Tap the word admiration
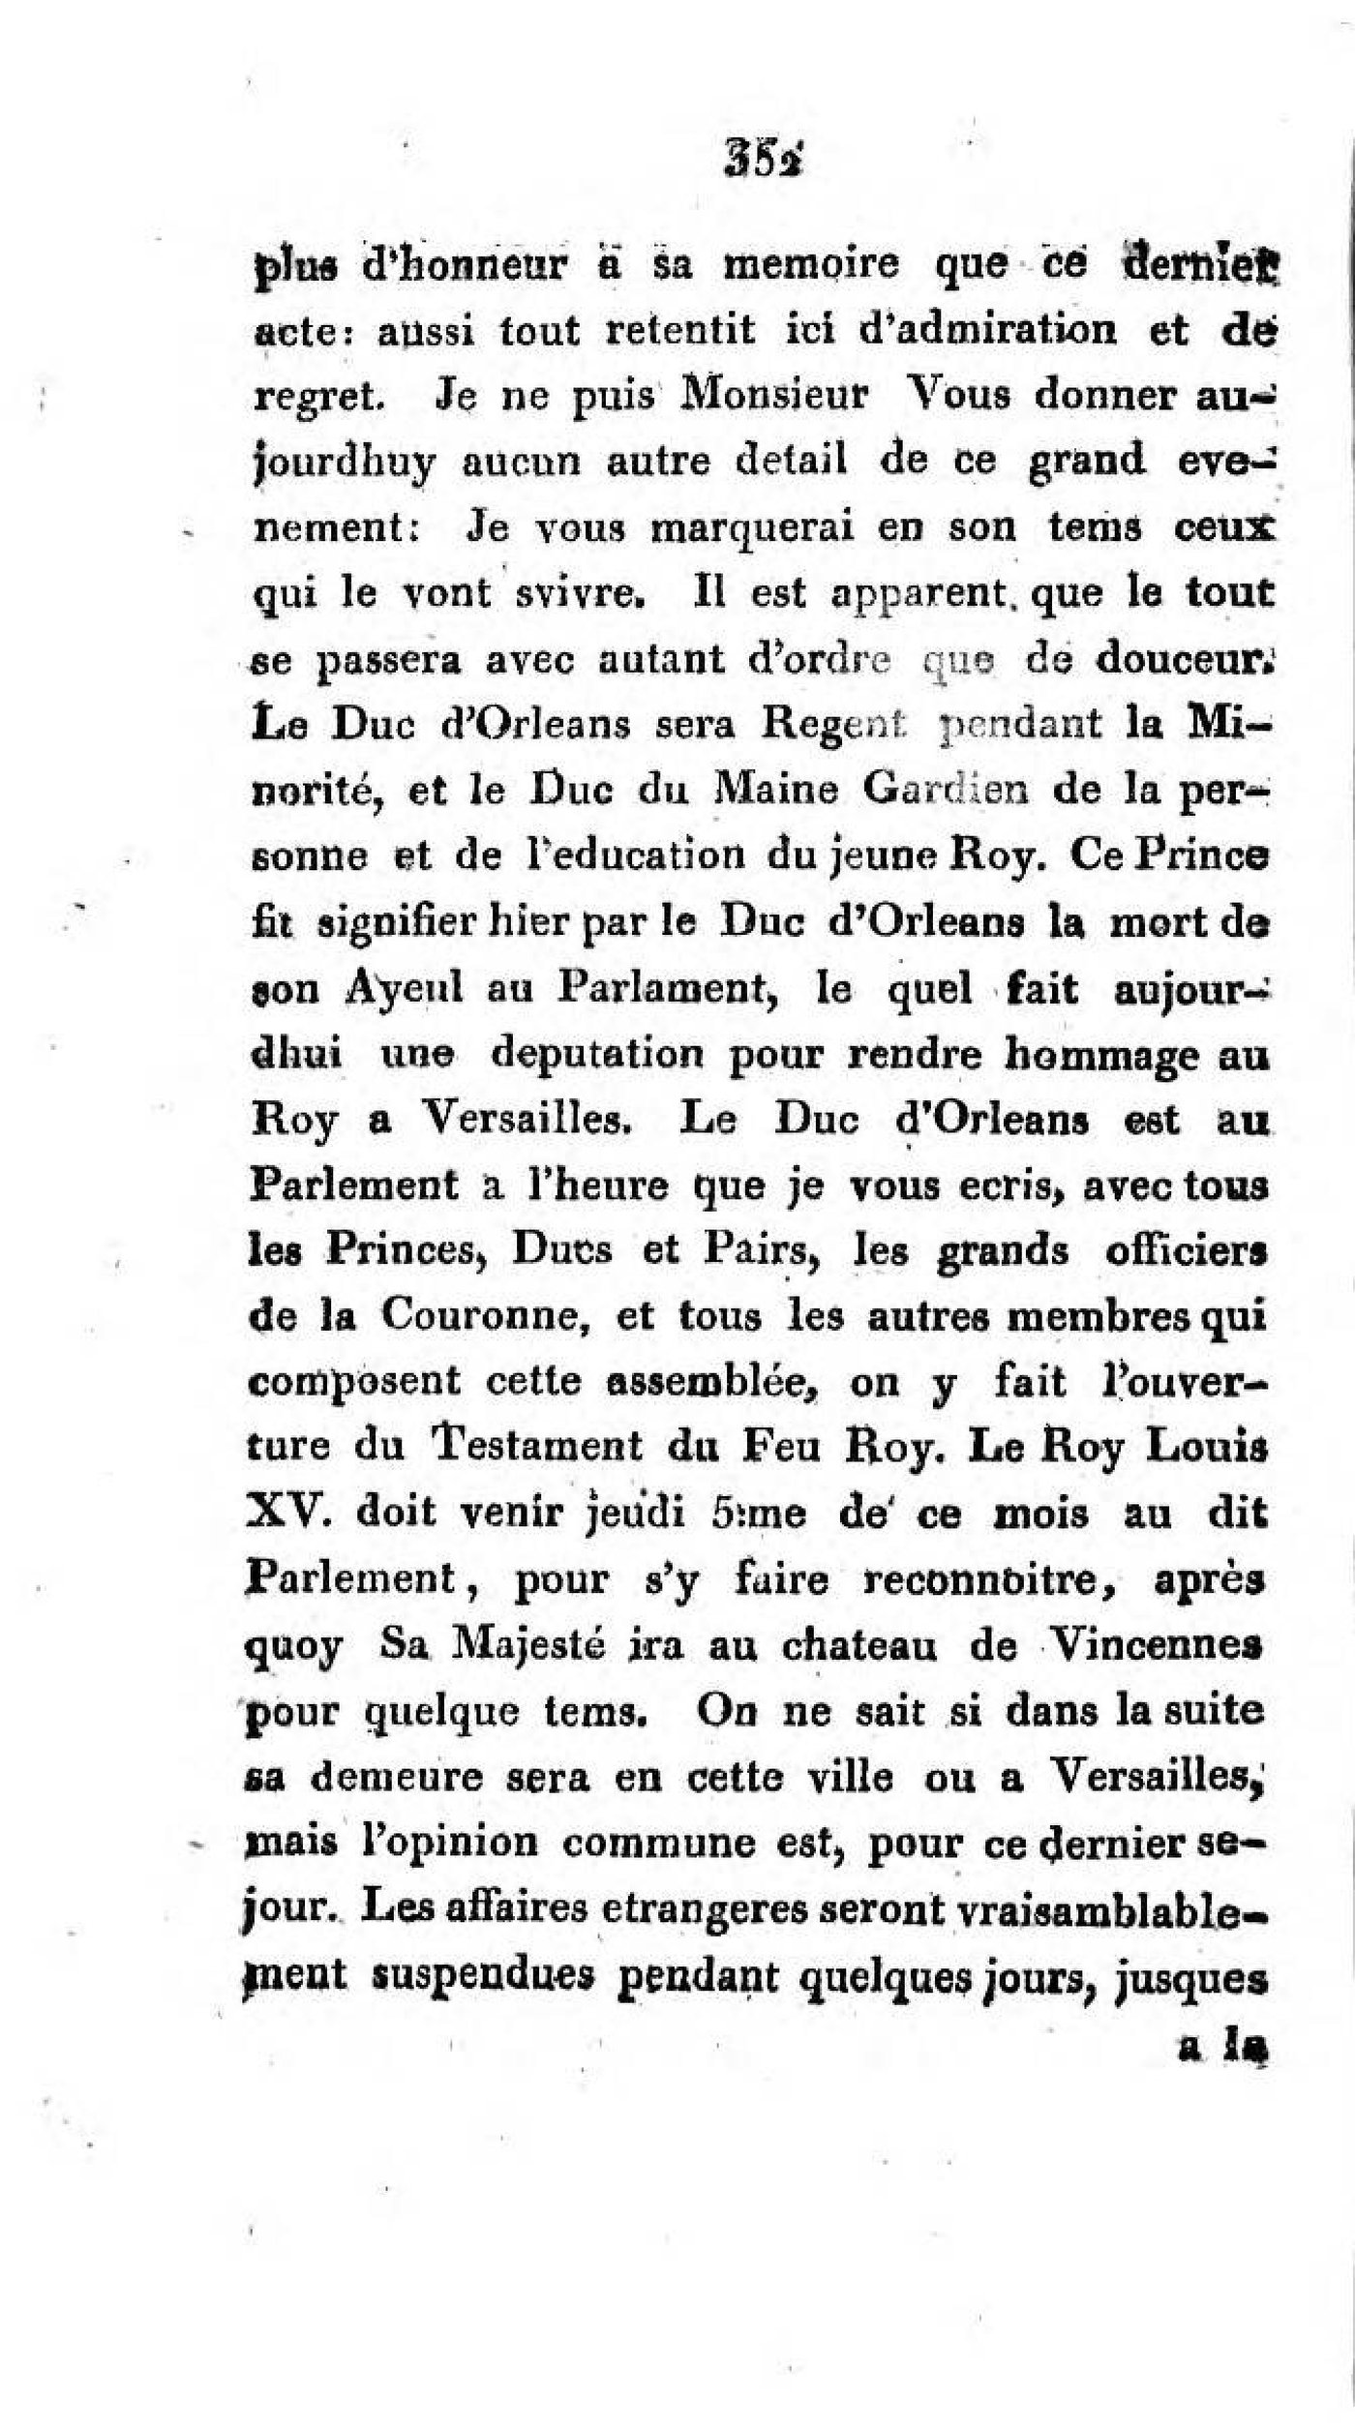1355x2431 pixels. [988, 331]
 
